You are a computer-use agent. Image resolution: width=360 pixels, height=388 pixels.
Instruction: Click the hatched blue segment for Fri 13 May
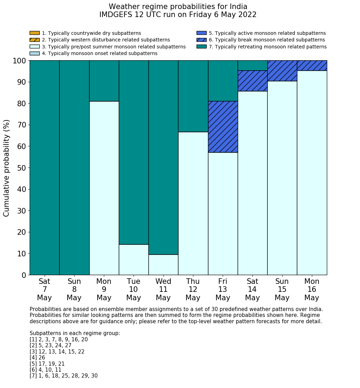(x=223, y=127)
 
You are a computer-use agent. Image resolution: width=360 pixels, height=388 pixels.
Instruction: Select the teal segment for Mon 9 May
(x=104, y=81)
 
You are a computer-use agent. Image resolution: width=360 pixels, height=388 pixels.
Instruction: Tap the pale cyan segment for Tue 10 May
(x=133, y=259)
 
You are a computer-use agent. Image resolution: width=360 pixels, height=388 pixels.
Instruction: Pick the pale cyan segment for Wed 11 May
(x=163, y=265)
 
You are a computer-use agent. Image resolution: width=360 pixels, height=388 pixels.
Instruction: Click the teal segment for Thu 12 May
(x=193, y=96)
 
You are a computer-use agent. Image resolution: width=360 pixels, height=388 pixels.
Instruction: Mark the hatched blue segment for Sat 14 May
(x=252, y=81)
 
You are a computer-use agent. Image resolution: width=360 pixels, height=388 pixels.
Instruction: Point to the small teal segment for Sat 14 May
(x=252, y=65)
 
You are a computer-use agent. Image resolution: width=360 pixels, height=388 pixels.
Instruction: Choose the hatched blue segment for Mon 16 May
(x=312, y=65)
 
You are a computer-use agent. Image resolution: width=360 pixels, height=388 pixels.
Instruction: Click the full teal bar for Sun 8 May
(x=74, y=168)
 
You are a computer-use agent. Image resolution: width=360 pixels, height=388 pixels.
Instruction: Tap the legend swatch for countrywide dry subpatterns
(x=35, y=33)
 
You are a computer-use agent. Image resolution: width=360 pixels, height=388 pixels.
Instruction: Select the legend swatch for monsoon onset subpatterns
(x=35, y=53)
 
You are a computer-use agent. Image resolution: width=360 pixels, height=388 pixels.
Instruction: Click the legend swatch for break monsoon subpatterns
(x=201, y=40)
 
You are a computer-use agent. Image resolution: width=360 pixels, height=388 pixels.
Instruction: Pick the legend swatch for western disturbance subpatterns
(x=35, y=40)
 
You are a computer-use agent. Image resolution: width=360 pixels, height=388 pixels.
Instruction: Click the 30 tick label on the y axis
(x=22, y=211)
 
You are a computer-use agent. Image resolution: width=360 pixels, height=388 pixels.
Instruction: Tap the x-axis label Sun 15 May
(x=282, y=289)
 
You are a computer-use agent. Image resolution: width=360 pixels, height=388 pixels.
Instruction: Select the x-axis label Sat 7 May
(x=45, y=289)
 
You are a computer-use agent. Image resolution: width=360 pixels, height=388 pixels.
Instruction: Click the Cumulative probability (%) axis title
(x=7, y=168)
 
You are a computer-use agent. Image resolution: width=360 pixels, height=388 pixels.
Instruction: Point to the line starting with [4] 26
(x=37, y=358)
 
